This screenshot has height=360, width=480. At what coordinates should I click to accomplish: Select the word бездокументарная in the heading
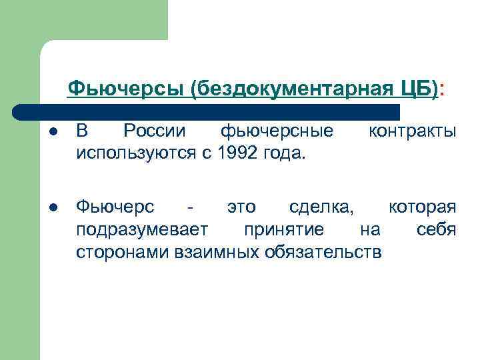[x=293, y=87]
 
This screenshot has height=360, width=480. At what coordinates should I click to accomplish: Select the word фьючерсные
[x=277, y=131]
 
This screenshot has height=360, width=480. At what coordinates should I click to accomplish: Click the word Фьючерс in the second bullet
[x=115, y=206]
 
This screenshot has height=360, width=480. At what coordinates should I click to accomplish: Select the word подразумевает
[x=142, y=229]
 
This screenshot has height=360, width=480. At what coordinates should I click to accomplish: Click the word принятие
[x=284, y=229]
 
